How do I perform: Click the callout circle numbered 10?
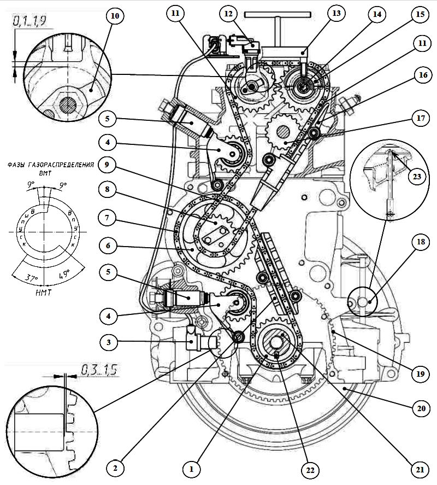[x=115, y=16]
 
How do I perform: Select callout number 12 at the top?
[x=228, y=14]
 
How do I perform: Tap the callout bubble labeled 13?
[x=336, y=13]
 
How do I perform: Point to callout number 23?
[x=417, y=177]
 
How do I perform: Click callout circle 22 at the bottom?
[x=310, y=470]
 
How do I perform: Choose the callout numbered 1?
[x=191, y=469]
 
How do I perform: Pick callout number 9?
[x=107, y=165]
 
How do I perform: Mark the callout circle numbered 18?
[x=421, y=242]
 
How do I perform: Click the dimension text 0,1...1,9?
[x=29, y=21]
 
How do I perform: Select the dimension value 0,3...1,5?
[x=99, y=370]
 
